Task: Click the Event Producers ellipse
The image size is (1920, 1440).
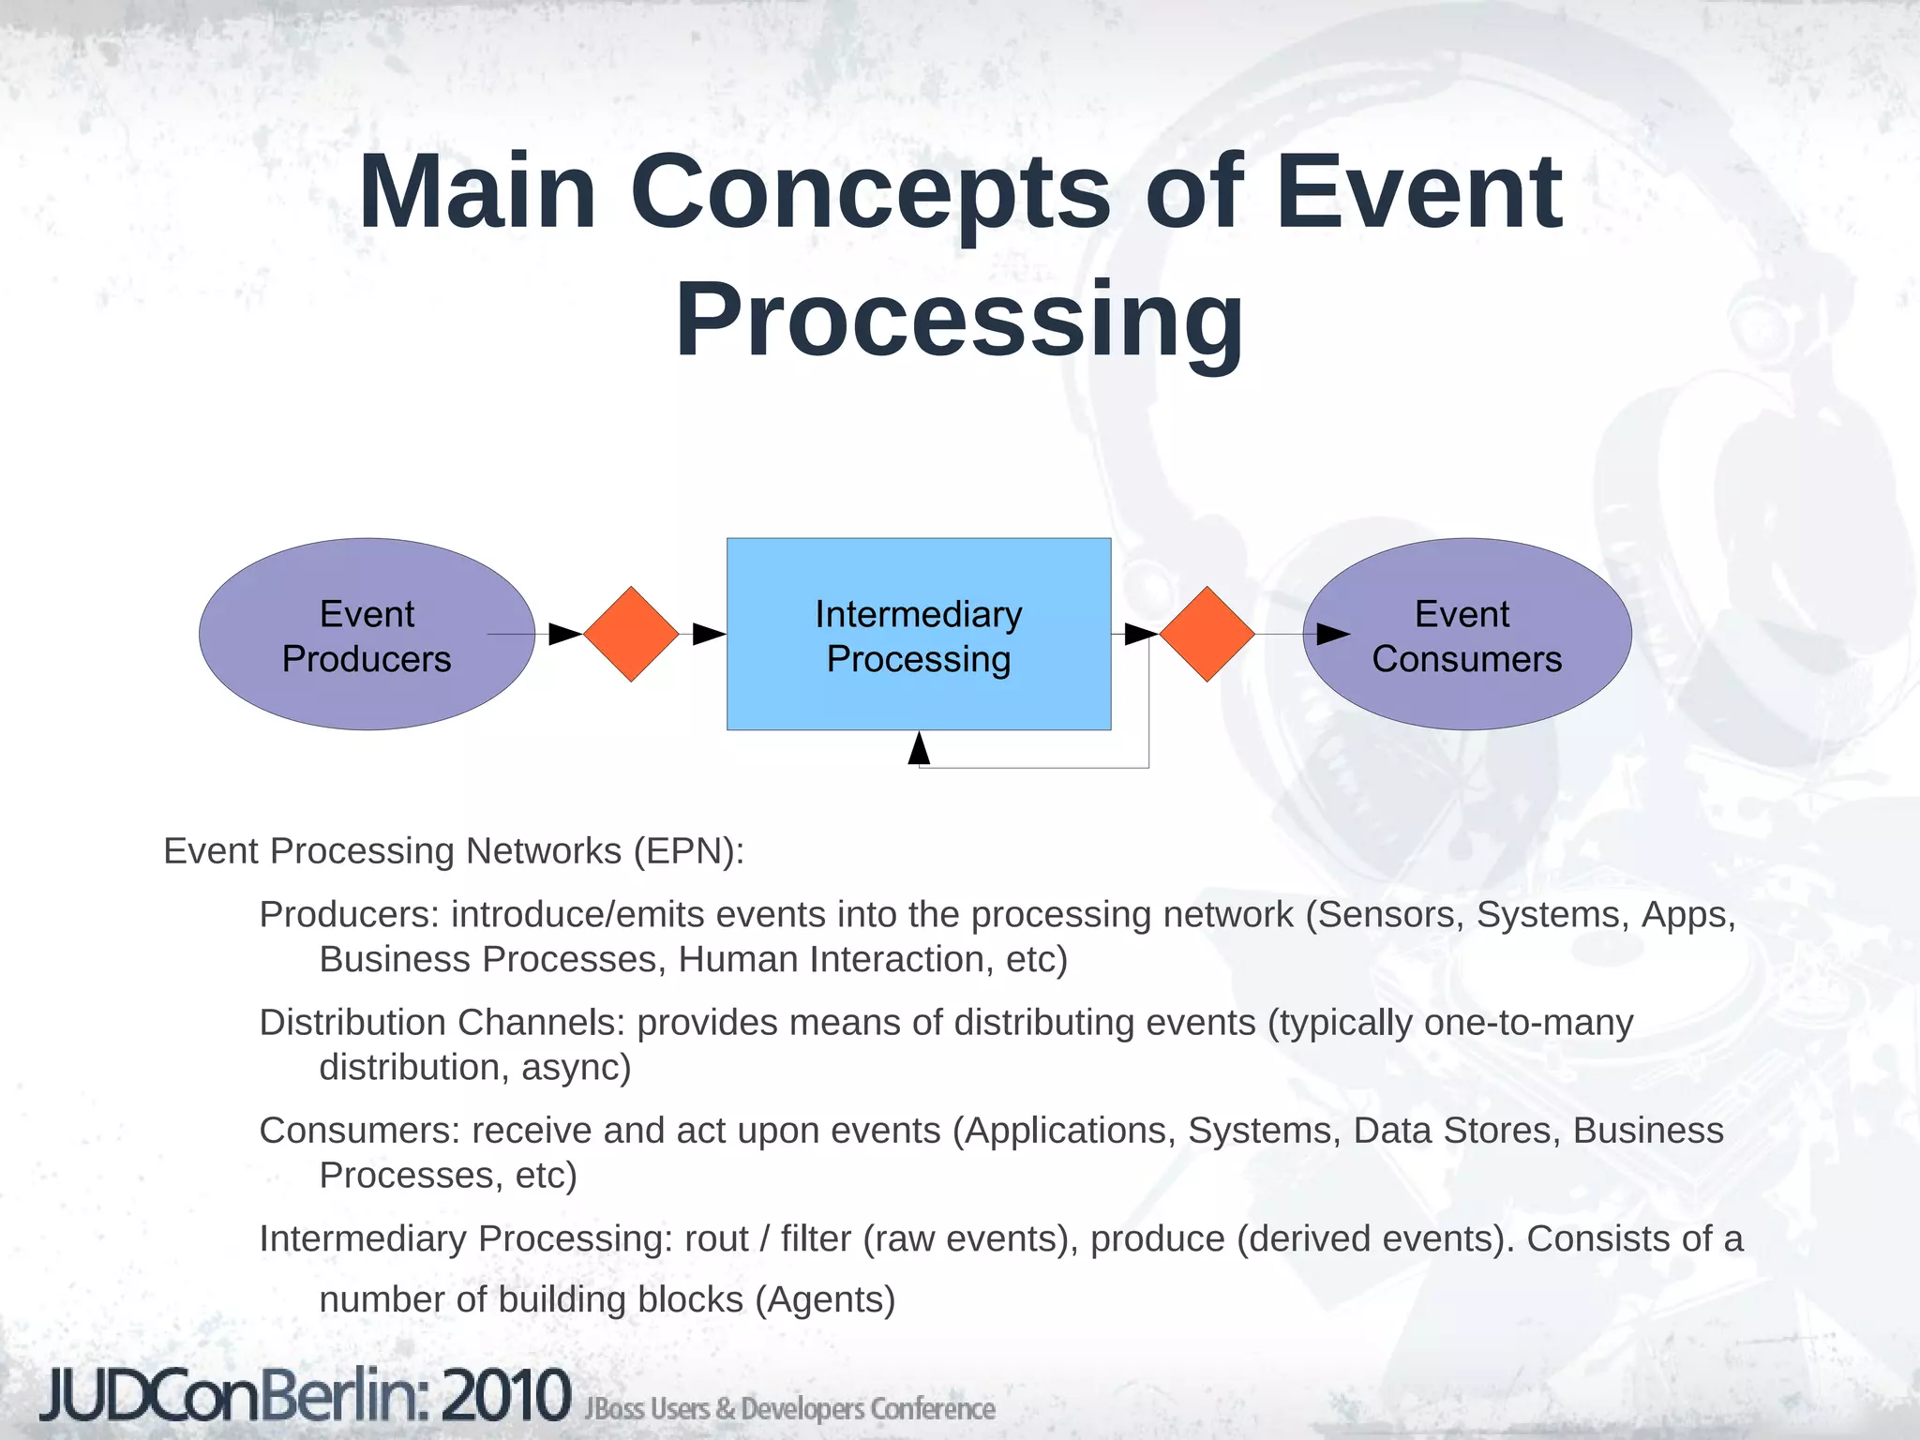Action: [367, 635]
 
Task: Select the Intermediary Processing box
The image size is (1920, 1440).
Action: [919, 635]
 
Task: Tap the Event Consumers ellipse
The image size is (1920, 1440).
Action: [1467, 635]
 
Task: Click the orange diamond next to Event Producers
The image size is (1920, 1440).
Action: [631, 635]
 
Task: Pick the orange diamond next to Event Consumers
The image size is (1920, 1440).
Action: [1207, 635]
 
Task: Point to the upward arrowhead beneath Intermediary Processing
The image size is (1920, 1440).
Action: [919, 749]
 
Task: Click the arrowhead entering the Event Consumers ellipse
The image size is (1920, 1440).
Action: [1332, 635]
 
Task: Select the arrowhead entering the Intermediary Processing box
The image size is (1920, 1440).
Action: [709, 635]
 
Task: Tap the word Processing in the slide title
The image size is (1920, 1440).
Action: [959, 321]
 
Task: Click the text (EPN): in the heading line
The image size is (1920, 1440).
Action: [689, 851]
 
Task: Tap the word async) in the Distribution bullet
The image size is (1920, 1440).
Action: [576, 1068]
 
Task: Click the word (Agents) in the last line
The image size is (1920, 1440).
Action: [825, 1300]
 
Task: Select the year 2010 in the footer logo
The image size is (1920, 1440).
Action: [506, 1396]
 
